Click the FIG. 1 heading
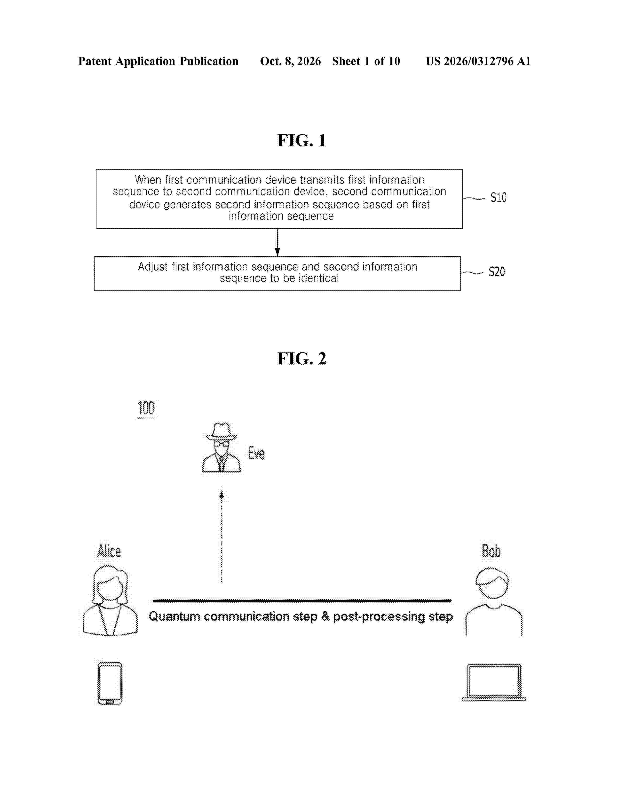coord(302,141)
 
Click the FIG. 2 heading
coord(302,359)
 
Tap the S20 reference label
coord(497,272)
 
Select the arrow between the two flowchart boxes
coord(277,242)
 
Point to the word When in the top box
coord(148,180)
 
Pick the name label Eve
coord(256,453)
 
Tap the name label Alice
coord(109,551)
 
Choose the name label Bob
coord(491,551)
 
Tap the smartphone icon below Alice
coord(110,684)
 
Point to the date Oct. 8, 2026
coord(290,61)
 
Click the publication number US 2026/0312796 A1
coord(478,61)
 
